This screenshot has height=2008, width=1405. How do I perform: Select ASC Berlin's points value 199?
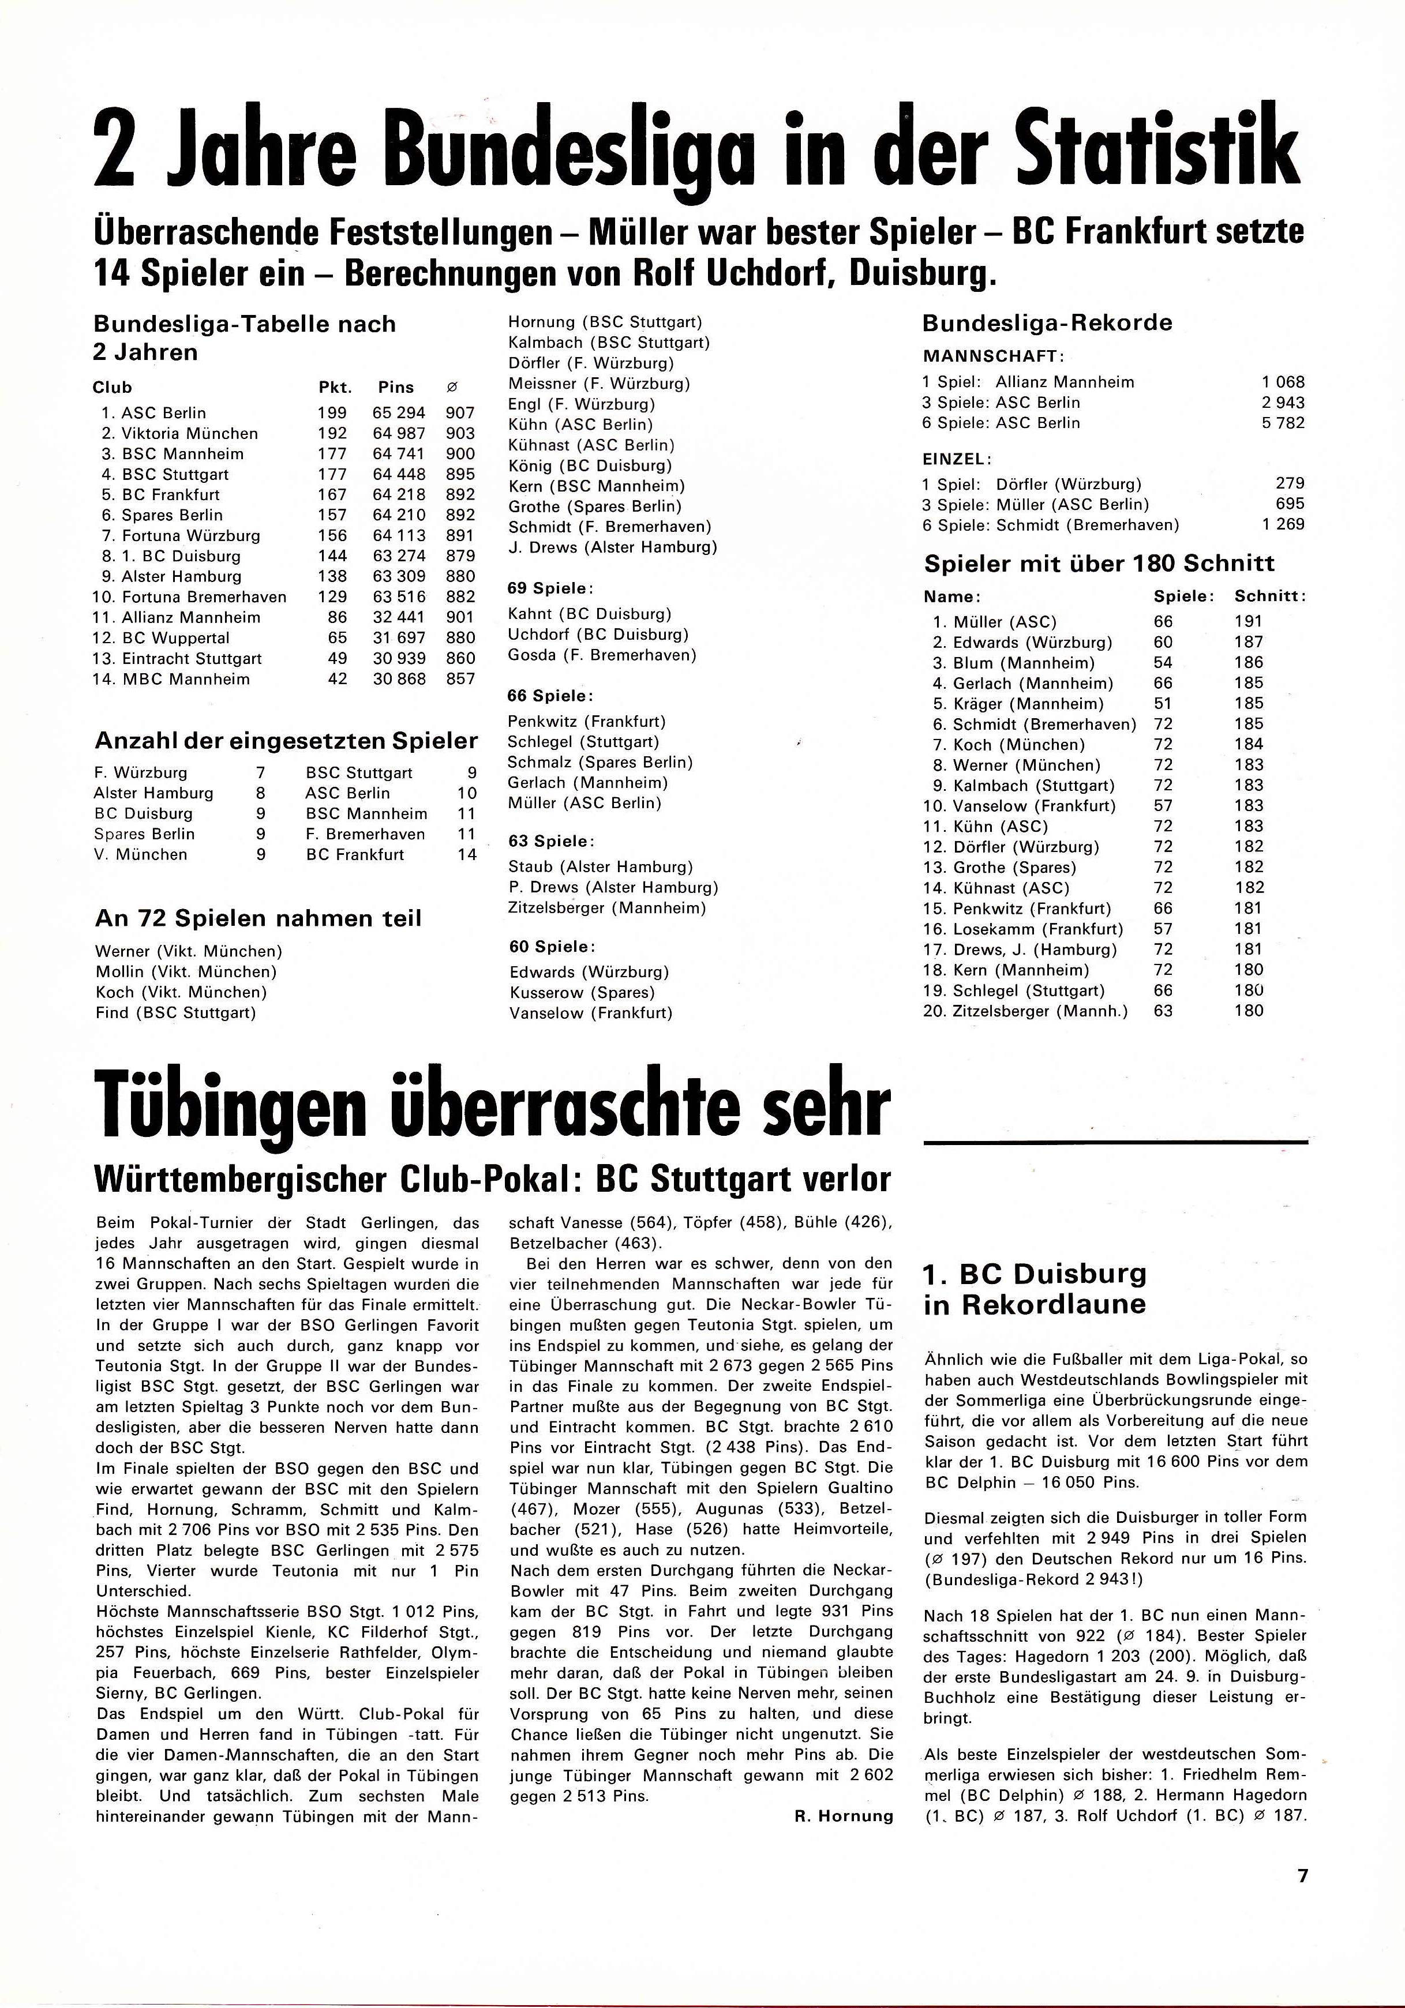click(x=332, y=413)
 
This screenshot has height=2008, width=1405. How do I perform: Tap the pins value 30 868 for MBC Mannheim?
click(x=400, y=679)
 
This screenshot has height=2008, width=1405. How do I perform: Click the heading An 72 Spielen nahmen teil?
click(x=257, y=918)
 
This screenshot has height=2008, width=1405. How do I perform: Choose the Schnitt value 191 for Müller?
click(x=1249, y=622)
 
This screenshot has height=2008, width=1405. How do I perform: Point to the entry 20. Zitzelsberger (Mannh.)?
click(x=1025, y=1011)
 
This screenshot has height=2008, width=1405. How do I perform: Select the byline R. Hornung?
click(x=844, y=1816)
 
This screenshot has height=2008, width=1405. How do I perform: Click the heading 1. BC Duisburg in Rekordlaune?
click(x=1034, y=1288)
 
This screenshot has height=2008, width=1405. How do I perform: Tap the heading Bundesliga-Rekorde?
click(x=1047, y=322)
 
